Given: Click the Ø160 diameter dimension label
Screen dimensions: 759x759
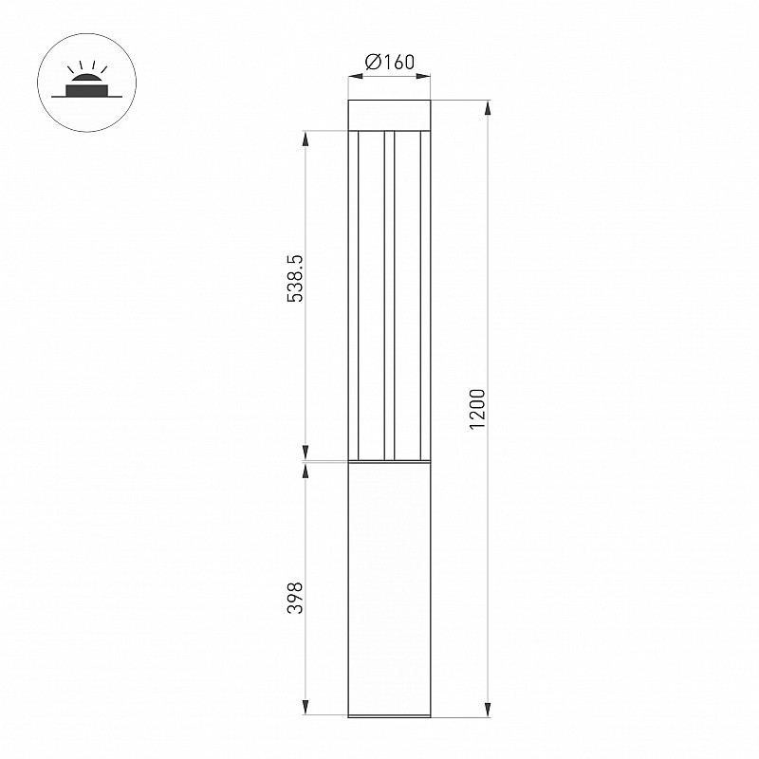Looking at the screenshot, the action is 390,62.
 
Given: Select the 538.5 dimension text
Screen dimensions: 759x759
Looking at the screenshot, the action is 295,279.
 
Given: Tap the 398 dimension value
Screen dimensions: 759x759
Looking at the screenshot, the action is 295,599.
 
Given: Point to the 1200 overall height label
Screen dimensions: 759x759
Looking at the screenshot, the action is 477,409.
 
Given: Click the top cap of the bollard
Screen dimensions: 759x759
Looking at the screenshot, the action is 389,115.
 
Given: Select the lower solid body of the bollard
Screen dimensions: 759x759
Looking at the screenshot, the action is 389,589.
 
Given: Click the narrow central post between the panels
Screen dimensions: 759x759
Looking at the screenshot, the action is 390,295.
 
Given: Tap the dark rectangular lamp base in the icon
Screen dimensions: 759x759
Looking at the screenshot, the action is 87,90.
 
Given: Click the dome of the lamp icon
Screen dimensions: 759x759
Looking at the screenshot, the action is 87,80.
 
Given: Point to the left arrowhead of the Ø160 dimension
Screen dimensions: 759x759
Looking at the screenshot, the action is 356,76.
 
